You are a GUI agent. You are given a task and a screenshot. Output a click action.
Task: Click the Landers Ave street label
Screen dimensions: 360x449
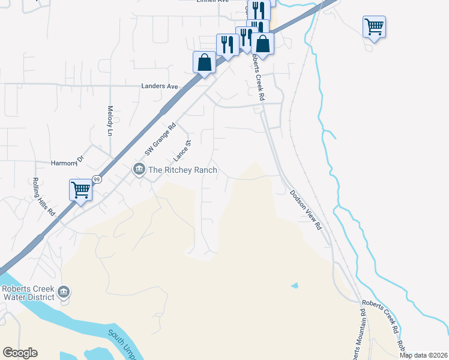tap(160, 86)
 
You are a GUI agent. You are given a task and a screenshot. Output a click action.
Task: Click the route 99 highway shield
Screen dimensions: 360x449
tap(96, 179)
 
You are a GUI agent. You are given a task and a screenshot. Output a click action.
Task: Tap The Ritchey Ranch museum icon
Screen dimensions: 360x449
tap(139, 170)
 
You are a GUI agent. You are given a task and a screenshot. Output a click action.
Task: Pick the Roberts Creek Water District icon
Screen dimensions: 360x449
tap(64, 293)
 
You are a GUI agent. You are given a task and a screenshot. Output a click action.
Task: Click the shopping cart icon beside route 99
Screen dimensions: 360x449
tap(80, 190)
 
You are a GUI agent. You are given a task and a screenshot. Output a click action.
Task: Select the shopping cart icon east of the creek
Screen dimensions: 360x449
tap(374, 26)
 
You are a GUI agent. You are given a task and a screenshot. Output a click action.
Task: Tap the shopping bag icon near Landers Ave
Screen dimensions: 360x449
tap(204, 62)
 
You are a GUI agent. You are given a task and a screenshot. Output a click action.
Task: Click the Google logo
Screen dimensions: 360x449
tap(20, 353)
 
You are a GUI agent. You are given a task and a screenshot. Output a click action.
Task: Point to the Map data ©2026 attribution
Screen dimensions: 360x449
tap(423, 355)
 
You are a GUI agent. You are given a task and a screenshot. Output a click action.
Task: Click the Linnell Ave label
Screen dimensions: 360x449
tap(212, 1)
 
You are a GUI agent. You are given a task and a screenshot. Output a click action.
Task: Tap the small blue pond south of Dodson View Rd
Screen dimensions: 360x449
tap(294, 285)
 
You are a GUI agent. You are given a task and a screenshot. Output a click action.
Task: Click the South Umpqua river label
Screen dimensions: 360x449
tap(120, 343)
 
